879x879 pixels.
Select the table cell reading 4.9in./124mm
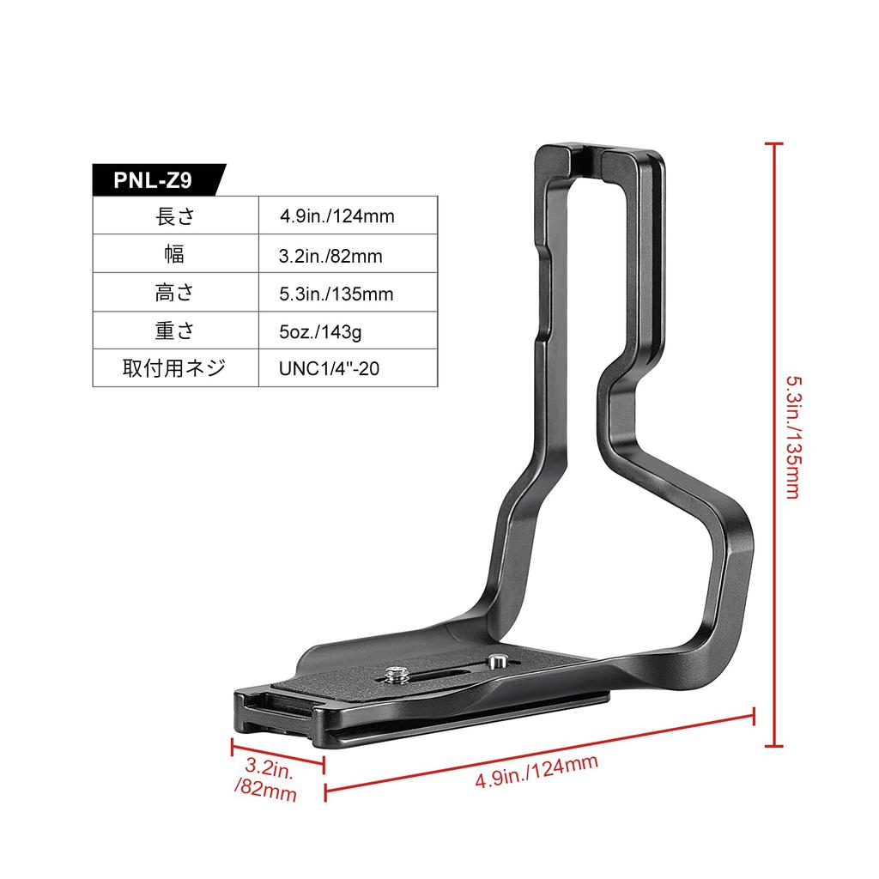336,216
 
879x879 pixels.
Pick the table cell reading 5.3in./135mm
336,294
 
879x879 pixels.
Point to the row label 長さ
175,216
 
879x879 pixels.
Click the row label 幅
175,255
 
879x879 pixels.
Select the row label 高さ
175,294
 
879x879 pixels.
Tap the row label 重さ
175,331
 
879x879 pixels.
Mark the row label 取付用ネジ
175,369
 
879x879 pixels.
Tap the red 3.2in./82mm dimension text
265,778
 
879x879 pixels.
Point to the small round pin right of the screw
495,662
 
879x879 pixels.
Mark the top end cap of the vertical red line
776,144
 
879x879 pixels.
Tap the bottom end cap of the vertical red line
776,745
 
